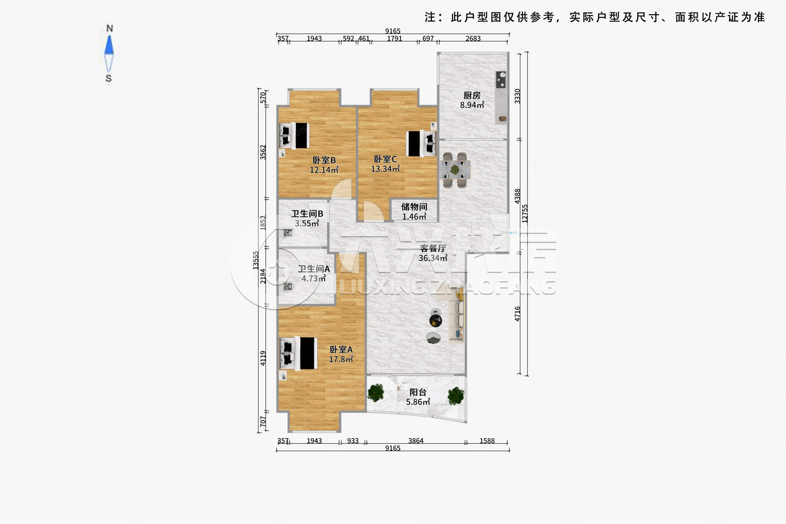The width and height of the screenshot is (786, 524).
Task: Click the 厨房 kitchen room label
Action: click(x=472, y=96)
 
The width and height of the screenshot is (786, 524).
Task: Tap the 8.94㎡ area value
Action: click(x=472, y=105)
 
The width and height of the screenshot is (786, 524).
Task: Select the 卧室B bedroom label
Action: click(x=324, y=160)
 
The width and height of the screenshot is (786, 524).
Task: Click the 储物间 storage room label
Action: click(x=414, y=207)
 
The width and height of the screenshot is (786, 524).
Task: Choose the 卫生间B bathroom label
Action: click(x=307, y=214)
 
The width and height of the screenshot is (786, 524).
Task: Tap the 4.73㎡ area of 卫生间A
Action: click(x=313, y=278)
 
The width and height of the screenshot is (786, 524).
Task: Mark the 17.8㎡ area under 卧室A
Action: click(x=341, y=359)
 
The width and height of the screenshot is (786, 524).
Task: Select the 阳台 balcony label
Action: click(x=418, y=392)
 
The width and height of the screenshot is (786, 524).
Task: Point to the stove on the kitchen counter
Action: click(x=501, y=80)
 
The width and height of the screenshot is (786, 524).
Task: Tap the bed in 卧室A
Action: click(x=299, y=353)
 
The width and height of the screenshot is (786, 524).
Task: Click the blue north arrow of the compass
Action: click(x=109, y=45)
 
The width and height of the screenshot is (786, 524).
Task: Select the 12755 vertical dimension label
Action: click(x=525, y=214)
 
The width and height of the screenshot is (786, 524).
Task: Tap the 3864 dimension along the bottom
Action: click(x=416, y=441)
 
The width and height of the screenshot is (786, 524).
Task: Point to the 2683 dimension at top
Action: click(x=473, y=39)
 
